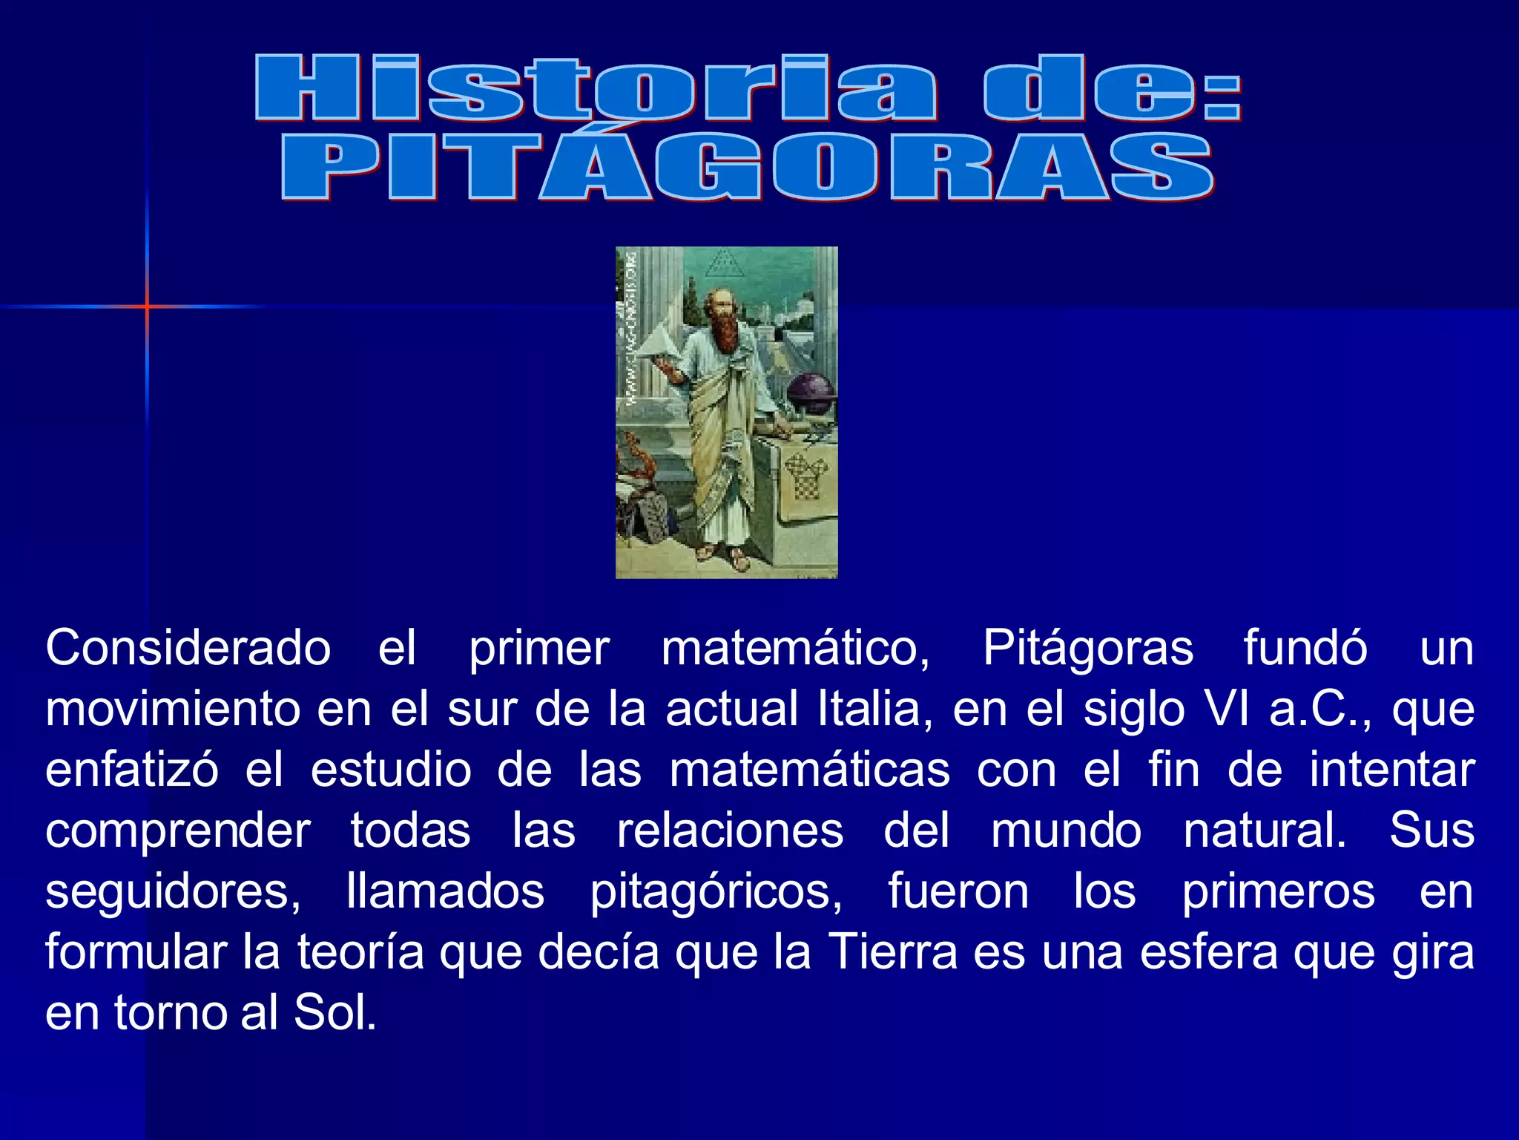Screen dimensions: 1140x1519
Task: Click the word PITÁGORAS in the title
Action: tap(748, 168)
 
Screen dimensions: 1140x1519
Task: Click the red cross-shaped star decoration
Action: tap(147, 306)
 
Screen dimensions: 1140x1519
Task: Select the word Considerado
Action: tap(188, 648)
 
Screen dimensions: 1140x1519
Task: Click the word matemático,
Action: tap(795, 648)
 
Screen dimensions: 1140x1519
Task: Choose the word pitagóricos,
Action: tap(716, 891)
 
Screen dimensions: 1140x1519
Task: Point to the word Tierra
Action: tap(892, 952)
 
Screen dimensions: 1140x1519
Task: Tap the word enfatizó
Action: tap(132, 770)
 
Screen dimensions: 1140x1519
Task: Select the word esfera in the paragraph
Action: tap(1208, 952)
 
